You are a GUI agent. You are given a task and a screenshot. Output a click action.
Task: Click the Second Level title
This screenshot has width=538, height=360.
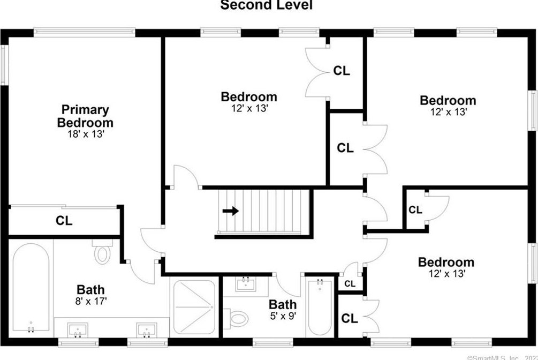tap(266, 5)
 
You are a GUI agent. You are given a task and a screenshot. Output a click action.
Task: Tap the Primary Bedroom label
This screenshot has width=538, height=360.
tap(85, 116)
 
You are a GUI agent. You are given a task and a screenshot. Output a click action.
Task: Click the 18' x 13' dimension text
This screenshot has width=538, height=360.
tap(85, 134)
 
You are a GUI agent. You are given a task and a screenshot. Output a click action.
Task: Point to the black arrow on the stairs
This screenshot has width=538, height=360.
tap(231, 211)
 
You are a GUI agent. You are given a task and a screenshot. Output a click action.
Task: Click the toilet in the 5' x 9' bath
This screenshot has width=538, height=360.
tap(237, 319)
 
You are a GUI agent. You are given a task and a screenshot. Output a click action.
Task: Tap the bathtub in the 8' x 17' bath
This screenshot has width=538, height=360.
tap(31, 287)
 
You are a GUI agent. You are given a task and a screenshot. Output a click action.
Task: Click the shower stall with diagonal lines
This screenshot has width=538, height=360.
tap(194, 306)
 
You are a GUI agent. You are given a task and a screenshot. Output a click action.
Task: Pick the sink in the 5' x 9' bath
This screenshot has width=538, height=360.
tap(246, 284)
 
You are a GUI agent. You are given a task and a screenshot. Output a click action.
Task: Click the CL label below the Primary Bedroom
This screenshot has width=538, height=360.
tap(64, 220)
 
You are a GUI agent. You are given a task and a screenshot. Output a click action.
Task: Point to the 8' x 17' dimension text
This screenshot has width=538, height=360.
tap(92, 301)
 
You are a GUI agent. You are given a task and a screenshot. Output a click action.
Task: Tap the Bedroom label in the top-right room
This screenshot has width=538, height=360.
tap(448, 100)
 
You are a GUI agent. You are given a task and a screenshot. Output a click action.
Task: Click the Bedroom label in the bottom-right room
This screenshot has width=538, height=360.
tap(446, 262)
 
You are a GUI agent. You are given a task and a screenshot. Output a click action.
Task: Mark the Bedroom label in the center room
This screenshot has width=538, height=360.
tap(249, 97)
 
